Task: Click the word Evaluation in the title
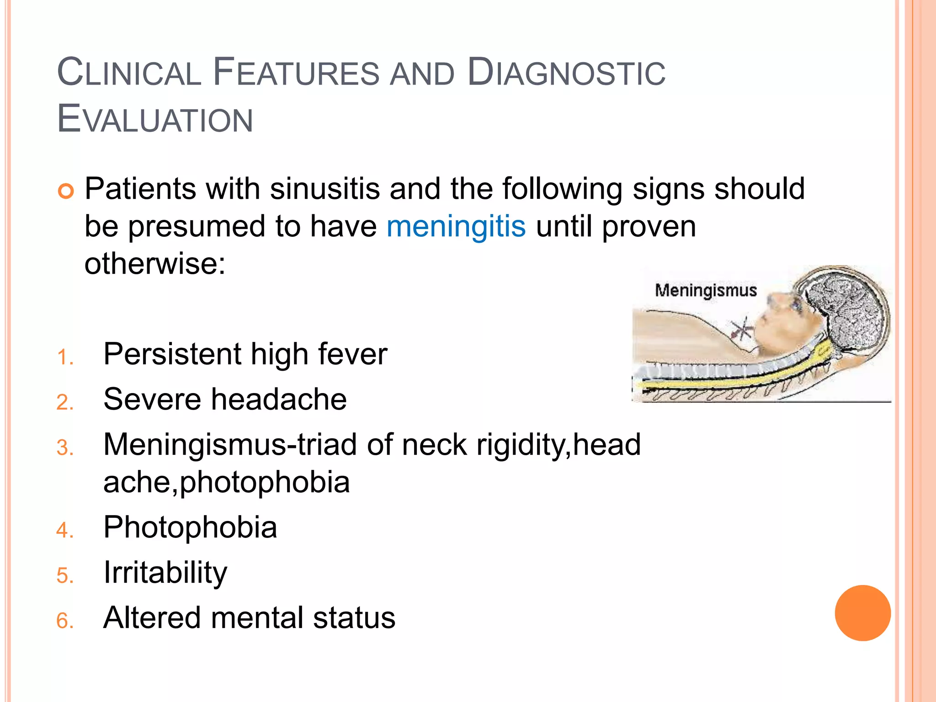click(155, 119)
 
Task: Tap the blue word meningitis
click(456, 226)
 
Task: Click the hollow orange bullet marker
click(66, 191)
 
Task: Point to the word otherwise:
click(155, 264)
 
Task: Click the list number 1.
click(64, 357)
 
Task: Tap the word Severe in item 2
click(152, 399)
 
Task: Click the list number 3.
click(64, 447)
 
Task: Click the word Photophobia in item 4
click(190, 527)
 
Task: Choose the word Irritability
click(165, 572)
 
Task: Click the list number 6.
click(64, 621)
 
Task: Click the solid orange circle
click(862, 613)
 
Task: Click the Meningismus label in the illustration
click(706, 291)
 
